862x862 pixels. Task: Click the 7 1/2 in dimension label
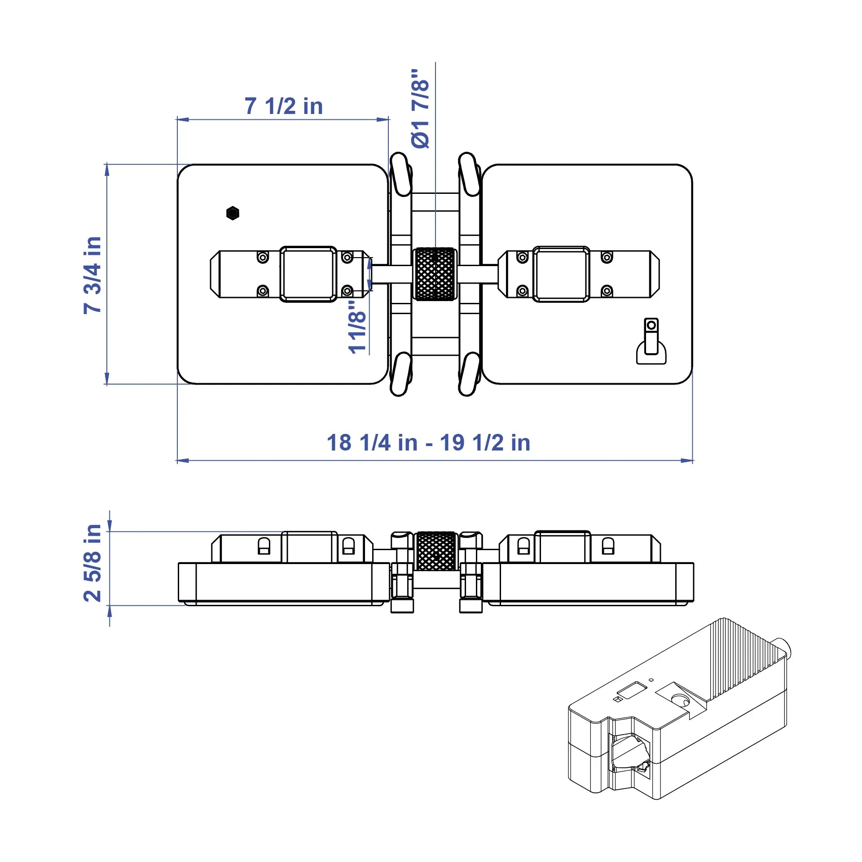click(x=284, y=106)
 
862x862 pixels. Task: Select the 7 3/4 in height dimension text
click(x=92, y=275)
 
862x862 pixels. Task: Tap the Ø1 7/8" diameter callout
click(x=420, y=109)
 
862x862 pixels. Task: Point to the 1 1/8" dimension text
click(x=357, y=326)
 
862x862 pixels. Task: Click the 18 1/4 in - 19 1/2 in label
click(x=429, y=443)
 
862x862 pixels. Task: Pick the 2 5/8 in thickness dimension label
click(x=92, y=563)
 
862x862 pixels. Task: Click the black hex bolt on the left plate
click(x=233, y=213)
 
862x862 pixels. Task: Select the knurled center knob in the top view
click(x=435, y=274)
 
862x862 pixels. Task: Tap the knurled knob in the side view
click(x=436, y=551)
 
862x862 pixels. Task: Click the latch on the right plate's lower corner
click(x=651, y=341)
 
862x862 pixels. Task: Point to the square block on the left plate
click(x=308, y=274)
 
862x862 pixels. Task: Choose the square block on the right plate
click(x=561, y=274)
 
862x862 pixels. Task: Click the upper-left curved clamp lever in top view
click(x=401, y=174)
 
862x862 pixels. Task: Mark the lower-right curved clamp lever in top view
click(x=470, y=374)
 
